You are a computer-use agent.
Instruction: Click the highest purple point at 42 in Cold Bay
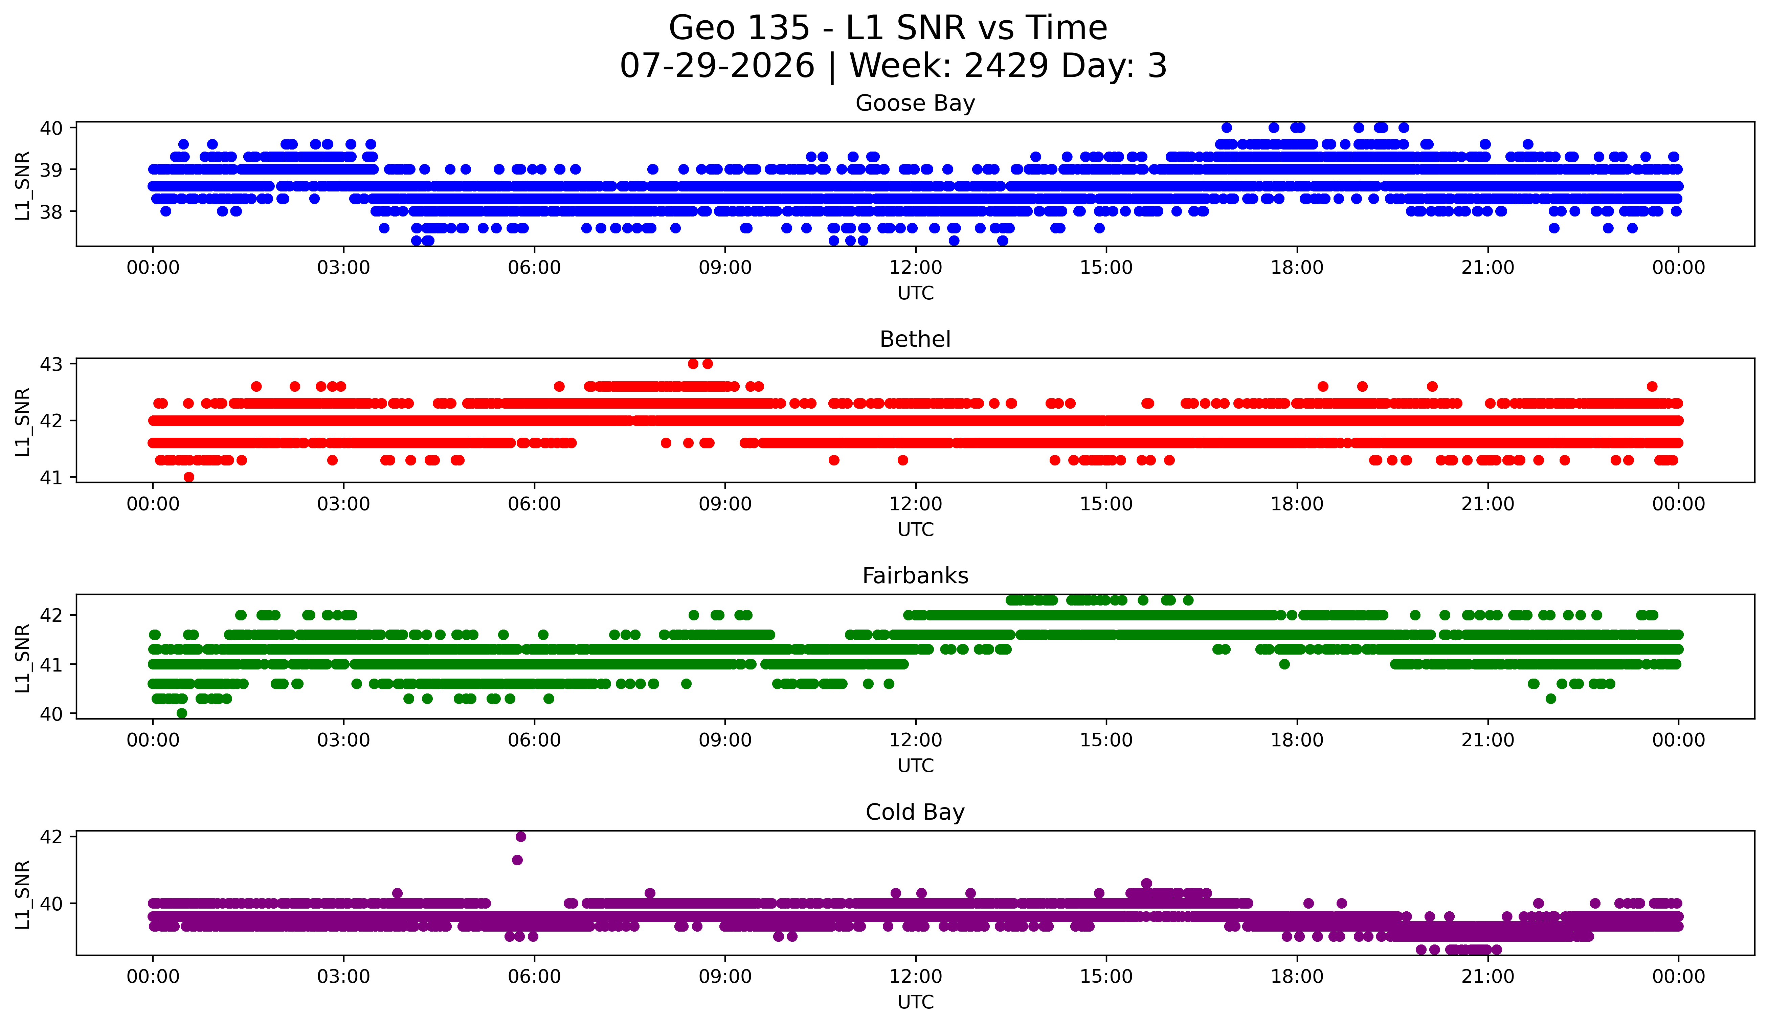pyautogui.click(x=520, y=837)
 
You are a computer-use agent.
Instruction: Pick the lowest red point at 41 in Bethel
pyautogui.click(x=189, y=477)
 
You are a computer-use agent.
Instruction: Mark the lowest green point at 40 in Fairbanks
pyautogui.click(x=182, y=713)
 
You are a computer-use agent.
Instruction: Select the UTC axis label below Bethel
pyautogui.click(x=916, y=529)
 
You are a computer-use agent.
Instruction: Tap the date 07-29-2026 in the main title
pyautogui.click(x=717, y=66)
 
